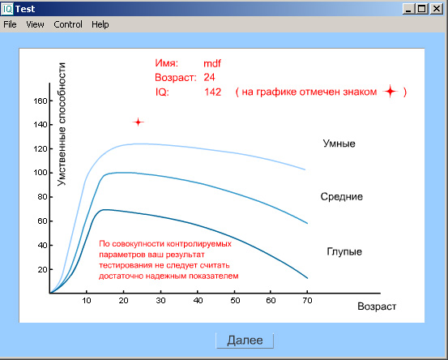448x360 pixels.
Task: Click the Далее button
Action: click(245, 341)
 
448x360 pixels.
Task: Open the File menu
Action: click(10, 24)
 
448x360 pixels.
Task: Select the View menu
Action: click(35, 24)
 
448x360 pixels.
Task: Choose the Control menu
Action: click(68, 24)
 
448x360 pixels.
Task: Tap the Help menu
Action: click(100, 24)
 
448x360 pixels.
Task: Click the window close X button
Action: click(437, 9)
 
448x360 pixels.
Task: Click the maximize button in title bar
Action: click(422, 9)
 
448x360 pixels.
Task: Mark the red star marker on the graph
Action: click(139, 122)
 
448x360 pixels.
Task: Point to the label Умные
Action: click(339, 144)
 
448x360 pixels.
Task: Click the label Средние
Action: click(342, 197)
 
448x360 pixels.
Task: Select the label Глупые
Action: click(344, 251)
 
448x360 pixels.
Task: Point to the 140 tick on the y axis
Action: click(41, 125)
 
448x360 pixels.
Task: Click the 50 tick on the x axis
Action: click(235, 301)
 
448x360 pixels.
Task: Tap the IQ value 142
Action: click(213, 92)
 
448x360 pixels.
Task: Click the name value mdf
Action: click(212, 63)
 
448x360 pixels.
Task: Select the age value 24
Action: click(210, 77)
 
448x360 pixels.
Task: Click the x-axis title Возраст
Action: click(377, 306)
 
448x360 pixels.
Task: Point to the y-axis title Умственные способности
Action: click(62, 124)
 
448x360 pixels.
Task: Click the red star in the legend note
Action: click(390, 92)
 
